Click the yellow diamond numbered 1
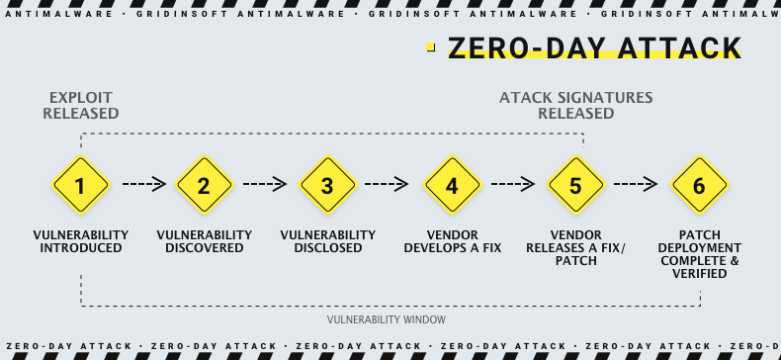pos(80,185)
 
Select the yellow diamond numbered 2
pos(204,185)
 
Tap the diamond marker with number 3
pos(327,185)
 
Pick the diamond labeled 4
pos(452,185)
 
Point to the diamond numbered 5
pos(575,185)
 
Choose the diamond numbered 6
pos(699,185)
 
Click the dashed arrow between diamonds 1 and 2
pos(142,184)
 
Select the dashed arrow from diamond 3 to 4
pos(388,184)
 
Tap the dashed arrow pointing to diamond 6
pos(636,184)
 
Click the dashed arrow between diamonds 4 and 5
pos(512,184)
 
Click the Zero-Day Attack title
pos(594,48)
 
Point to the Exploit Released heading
pos(80,106)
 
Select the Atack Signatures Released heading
pos(575,106)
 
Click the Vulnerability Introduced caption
pos(80,241)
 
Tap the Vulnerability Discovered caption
pos(204,241)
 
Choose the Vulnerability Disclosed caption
pos(327,241)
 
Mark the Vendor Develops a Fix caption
pos(452,241)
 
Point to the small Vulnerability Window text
pos(387,319)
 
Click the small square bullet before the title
pos(431,45)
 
